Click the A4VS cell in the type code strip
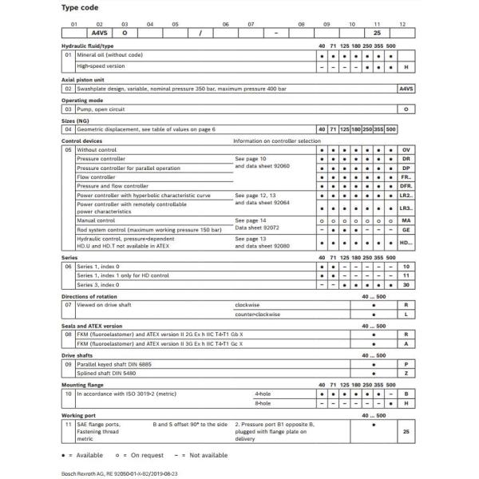point(100,34)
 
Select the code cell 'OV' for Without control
point(406,150)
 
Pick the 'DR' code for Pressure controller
point(406,159)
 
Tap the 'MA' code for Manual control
point(406,220)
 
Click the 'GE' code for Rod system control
point(406,229)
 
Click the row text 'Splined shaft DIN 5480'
point(109,372)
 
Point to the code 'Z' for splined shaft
point(406,372)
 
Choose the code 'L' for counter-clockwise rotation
point(406,315)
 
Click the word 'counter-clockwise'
point(257,315)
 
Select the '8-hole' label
point(262,403)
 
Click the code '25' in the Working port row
point(406,430)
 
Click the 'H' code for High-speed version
point(406,67)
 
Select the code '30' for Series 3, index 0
point(406,284)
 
